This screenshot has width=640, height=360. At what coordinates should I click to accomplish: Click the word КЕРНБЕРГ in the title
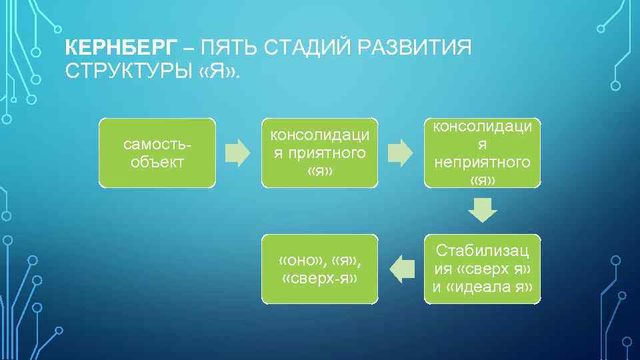122,48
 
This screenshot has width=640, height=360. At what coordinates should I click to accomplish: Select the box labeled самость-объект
157,153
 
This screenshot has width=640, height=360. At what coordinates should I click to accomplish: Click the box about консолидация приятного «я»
319,153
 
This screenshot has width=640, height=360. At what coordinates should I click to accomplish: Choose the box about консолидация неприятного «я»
482,153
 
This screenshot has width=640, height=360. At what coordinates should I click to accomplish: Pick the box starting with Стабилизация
482,269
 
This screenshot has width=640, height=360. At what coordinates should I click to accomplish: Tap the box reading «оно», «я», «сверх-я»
319,269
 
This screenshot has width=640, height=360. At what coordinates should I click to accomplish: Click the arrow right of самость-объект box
237,153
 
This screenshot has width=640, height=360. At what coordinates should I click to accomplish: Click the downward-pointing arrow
482,212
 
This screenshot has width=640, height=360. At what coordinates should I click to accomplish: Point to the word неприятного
482,162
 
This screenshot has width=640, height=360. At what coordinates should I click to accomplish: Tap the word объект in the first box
157,161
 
